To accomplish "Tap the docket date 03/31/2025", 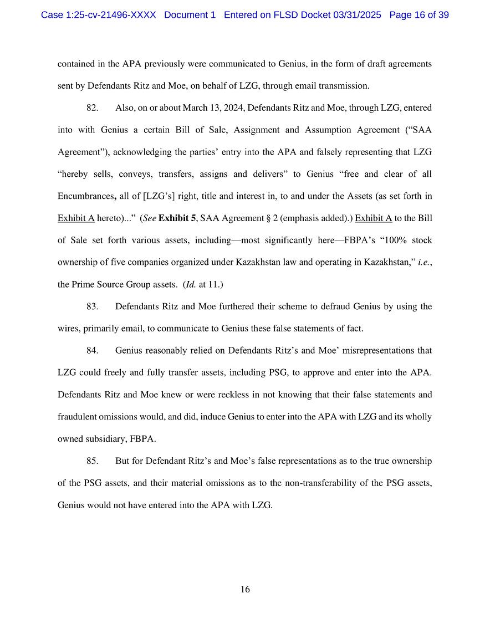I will pos(357,15).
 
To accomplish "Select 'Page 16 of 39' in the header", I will pos(419,15).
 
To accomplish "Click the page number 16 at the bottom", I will pos(245,589).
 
